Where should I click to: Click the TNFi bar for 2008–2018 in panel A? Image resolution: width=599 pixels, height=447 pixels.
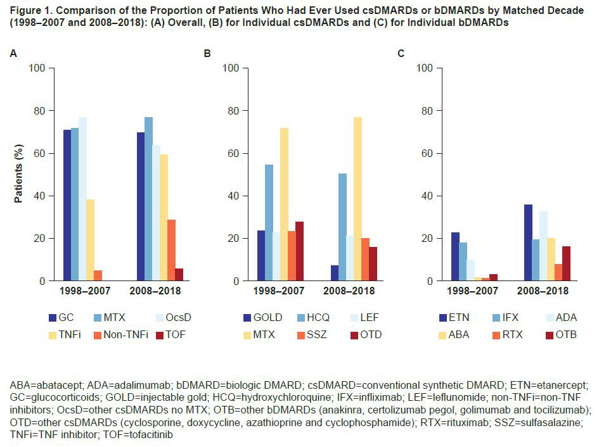point(164,218)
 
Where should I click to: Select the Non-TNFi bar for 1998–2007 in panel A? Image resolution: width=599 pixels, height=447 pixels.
point(98,275)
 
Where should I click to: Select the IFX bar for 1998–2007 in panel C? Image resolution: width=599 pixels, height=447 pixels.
point(463,261)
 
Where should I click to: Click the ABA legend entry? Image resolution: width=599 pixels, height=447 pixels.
point(452,334)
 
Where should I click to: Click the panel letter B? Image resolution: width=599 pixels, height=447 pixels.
point(207,53)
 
